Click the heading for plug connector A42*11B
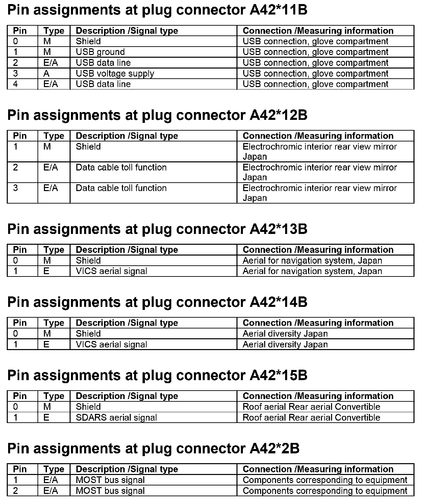click(157, 10)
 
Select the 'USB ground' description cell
click(100, 52)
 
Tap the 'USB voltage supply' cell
click(115, 74)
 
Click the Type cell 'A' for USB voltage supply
click(47, 74)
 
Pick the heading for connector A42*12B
click(157, 115)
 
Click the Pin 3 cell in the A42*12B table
click(16, 188)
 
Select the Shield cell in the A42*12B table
click(88, 147)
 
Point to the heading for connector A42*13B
click(157, 229)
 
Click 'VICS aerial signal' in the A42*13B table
click(111, 271)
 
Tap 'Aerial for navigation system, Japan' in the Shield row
click(312, 261)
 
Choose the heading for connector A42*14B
click(157, 302)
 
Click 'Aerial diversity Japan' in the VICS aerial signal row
click(285, 344)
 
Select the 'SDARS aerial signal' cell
click(116, 418)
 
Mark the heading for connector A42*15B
click(157, 375)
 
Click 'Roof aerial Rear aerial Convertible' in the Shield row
click(311, 407)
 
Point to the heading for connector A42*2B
click(153, 449)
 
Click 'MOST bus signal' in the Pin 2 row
click(110, 491)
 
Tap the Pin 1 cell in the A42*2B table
click(16, 480)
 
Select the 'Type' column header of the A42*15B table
click(54, 396)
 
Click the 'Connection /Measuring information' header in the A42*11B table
click(318, 31)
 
